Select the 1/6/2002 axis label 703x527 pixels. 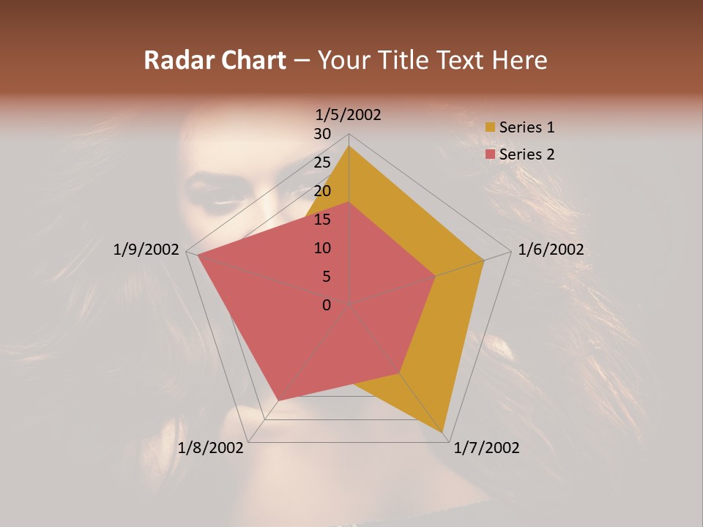(551, 250)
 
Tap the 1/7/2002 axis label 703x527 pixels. (486, 448)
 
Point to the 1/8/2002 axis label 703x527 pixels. (210, 448)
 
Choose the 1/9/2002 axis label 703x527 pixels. (146, 250)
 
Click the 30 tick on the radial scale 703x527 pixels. (322, 134)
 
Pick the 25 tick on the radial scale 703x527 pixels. (322, 162)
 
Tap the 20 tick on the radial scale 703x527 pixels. (322, 191)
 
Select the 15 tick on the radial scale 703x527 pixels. (322, 220)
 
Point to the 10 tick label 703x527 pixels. (322, 248)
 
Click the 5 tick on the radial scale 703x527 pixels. (326, 277)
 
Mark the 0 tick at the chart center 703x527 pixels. (327, 304)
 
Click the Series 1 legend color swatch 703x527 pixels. (490, 127)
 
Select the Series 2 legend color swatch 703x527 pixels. (490, 154)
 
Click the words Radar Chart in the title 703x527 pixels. (215, 60)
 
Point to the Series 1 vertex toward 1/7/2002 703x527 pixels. (445, 433)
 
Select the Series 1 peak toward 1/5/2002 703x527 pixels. (349, 146)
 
